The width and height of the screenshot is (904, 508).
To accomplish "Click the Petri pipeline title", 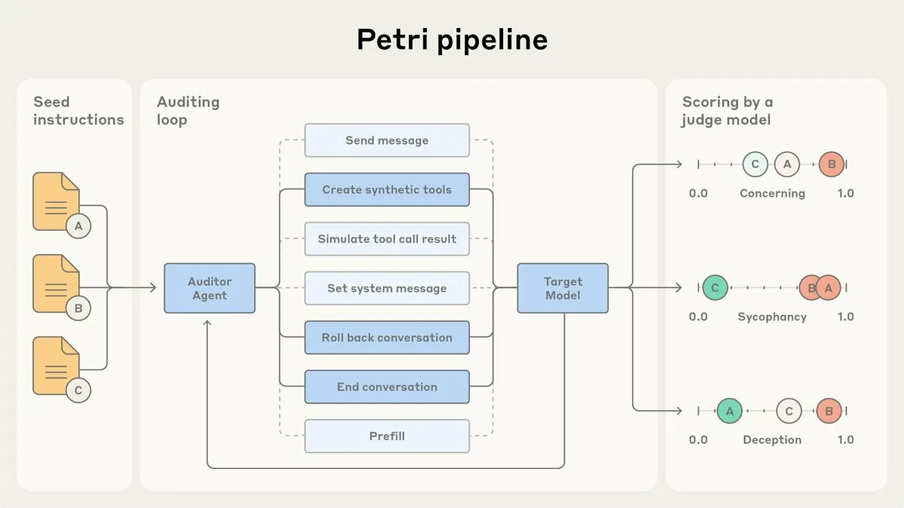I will [x=452, y=40].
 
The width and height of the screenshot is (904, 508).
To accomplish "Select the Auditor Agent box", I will [x=209, y=288].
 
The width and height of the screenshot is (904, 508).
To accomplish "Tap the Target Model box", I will [x=563, y=288].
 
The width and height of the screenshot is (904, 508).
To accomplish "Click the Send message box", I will [x=386, y=140].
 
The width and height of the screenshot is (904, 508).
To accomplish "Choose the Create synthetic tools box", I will [x=386, y=190].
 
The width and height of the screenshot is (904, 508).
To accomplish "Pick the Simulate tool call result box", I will [x=386, y=239].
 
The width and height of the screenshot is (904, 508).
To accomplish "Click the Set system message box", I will [x=386, y=288].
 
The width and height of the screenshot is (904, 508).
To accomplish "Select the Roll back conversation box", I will [x=386, y=338].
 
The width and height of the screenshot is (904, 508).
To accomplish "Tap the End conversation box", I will [x=386, y=387].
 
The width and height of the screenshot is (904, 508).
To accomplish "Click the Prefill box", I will [x=386, y=436].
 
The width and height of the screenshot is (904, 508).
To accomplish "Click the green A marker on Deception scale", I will [x=729, y=411].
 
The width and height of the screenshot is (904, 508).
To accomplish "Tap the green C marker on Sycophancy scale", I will [x=715, y=287].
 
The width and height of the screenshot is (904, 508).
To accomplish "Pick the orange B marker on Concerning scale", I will [x=831, y=164].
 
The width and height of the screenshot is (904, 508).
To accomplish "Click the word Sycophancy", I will [x=771, y=317].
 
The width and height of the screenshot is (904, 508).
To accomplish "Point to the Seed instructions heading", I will [x=78, y=111].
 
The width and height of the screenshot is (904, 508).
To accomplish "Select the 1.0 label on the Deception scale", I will [x=845, y=440].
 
